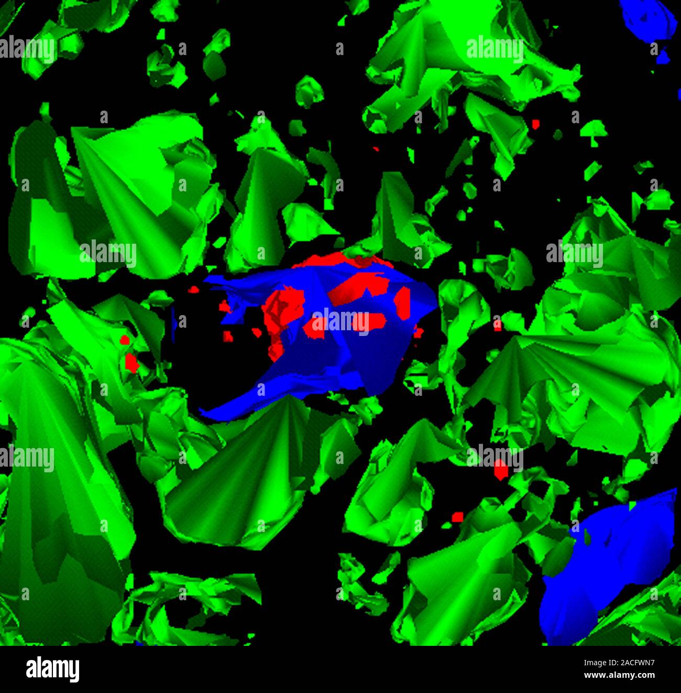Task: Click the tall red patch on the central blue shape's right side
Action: click(x=402, y=303)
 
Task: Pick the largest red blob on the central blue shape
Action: click(x=283, y=309)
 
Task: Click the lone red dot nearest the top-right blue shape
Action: click(x=535, y=124)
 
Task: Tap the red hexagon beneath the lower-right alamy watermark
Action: click(x=501, y=470)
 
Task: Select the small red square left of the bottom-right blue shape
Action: click(x=457, y=517)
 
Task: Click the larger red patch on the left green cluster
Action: click(x=131, y=363)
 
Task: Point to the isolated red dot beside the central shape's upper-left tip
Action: click(x=193, y=289)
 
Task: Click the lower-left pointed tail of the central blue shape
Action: click(x=210, y=414)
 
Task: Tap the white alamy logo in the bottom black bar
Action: click(x=52, y=669)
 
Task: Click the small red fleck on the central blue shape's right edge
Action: click(x=418, y=332)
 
